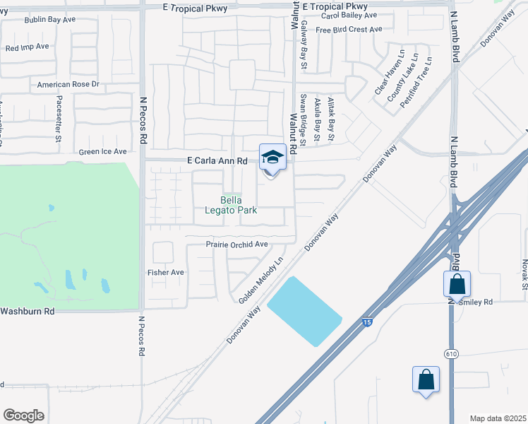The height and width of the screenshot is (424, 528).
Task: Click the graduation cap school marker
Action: tap(272, 157)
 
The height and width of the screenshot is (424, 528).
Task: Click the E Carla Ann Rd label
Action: tap(217, 161)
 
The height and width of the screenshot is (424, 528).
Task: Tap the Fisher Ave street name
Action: tap(165, 272)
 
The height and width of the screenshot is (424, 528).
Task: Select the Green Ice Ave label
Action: tap(102, 151)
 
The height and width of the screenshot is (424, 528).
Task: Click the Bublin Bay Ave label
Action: tap(49, 20)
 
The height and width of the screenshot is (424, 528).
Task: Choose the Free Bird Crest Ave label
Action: tap(349, 30)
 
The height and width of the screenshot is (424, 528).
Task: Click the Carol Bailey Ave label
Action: tap(349, 15)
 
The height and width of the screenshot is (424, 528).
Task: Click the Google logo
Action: tap(23, 416)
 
